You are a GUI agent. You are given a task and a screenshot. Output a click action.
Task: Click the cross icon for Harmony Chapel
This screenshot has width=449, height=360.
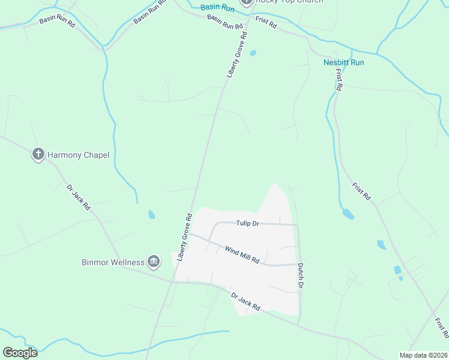click(x=38, y=155)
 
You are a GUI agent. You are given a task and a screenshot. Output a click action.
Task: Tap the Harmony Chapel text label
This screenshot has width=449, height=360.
click(x=79, y=155)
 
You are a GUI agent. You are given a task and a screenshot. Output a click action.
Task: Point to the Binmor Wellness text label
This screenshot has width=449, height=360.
click(x=113, y=262)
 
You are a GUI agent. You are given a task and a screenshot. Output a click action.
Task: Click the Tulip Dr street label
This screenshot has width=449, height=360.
click(x=247, y=223)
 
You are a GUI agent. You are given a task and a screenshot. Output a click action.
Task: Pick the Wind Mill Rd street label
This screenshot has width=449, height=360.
click(x=242, y=254)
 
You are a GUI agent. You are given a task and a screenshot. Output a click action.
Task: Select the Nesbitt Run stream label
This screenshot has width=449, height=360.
click(x=343, y=62)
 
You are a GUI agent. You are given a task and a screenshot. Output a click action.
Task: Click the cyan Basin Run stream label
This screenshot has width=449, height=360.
click(x=217, y=7)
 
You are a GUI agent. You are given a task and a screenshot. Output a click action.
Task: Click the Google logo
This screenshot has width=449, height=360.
click(x=20, y=353)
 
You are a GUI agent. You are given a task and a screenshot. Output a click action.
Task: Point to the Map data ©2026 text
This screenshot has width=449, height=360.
click(x=423, y=355)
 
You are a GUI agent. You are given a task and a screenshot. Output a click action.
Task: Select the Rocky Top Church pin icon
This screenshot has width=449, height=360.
click(x=246, y=2)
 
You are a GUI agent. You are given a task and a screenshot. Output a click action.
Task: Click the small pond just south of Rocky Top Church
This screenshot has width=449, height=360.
click(x=253, y=53)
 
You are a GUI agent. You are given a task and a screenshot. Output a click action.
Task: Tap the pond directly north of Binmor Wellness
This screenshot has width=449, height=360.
click(x=151, y=214)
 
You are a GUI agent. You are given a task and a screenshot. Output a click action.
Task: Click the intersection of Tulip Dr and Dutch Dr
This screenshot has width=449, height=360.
click(x=298, y=225)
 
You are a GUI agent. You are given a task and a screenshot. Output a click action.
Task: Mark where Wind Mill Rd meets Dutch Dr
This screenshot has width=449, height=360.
click(x=298, y=264)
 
